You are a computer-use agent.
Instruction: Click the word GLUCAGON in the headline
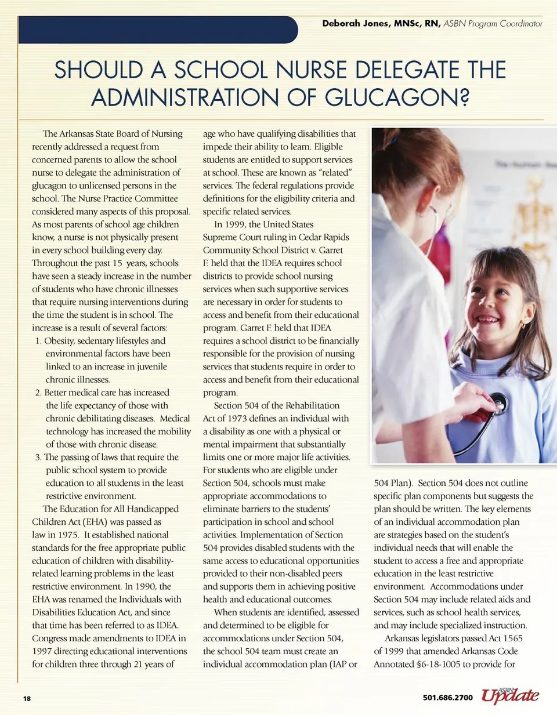click(x=390, y=97)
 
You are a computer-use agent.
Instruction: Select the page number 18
click(x=27, y=698)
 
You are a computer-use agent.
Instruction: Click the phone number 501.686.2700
click(x=447, y=698)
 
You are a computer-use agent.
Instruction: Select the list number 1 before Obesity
click(x=38, y=341)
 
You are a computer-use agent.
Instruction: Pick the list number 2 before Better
click(x=38, y=393)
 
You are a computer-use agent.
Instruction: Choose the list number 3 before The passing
click(x=38, y=458)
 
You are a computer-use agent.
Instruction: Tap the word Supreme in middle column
click(x=220, y=237)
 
